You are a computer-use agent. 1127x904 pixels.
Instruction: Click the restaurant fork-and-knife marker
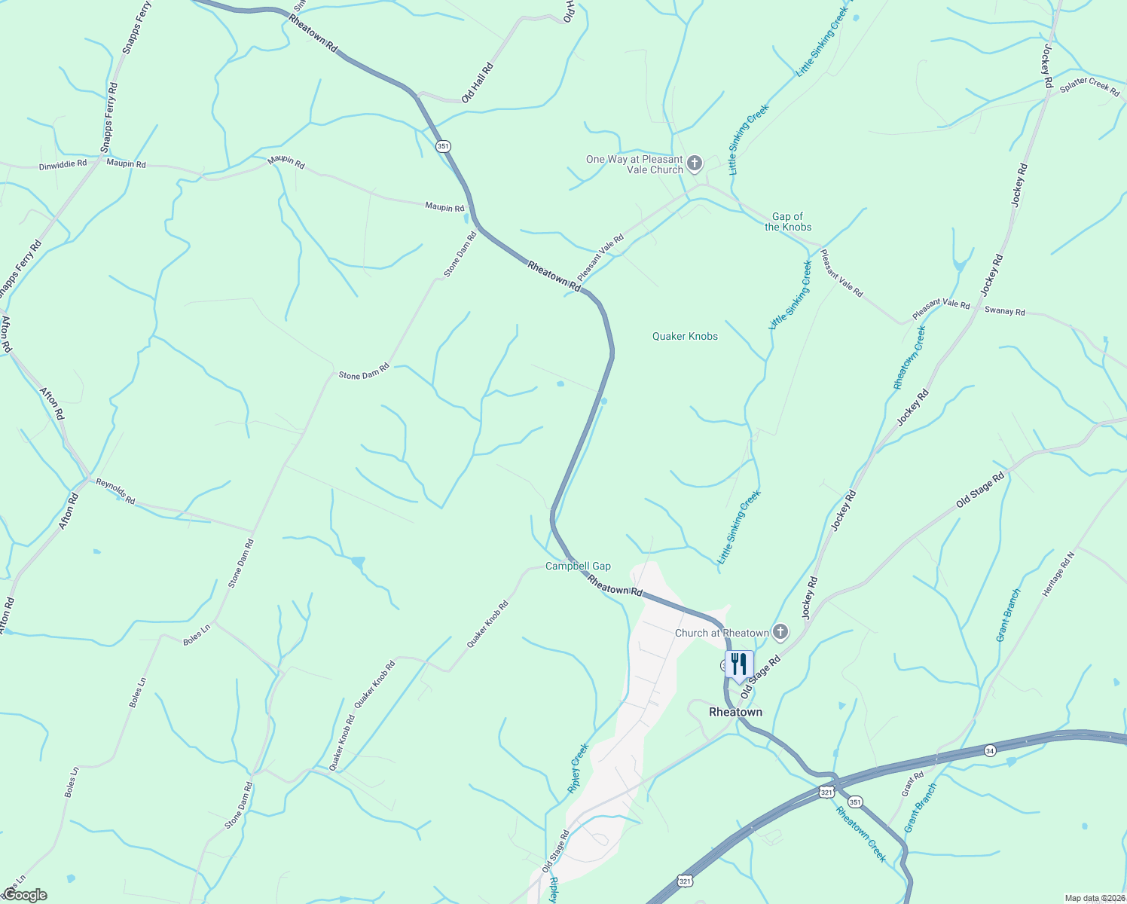(x=739, y=664)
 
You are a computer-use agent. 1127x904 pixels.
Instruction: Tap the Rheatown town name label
(x=735, y=712)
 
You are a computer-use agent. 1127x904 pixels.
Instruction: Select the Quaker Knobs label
(x=685, y=336)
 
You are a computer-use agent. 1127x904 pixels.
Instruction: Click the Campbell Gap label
(x=578, y=566)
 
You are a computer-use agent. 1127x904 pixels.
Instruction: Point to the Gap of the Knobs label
(x=788, y=221)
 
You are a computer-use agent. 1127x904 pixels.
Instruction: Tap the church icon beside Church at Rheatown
(x=780, y=632)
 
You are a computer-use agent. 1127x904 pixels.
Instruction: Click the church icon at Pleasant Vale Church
(x=695, y=163)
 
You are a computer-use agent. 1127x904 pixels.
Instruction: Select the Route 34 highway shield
(x=990, y=750)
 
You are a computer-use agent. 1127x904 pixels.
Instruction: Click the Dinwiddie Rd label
(x=63, y=163)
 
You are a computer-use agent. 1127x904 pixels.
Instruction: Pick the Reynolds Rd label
(x=115, y=490)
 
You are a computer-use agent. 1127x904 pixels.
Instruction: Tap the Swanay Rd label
(x=1004, y=311)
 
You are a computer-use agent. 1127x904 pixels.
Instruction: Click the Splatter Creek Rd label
(x=1089, y=87)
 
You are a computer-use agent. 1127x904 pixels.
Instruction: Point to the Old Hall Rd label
(x=478, y=82)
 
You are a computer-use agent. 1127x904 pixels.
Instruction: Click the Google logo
(x=24, y=895)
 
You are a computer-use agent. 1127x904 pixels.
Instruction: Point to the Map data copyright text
(x=1094, y=898)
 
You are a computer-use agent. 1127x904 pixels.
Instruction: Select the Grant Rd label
(x=912, y=785)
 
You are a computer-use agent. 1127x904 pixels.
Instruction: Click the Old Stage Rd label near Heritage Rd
(x=980, y=490)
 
